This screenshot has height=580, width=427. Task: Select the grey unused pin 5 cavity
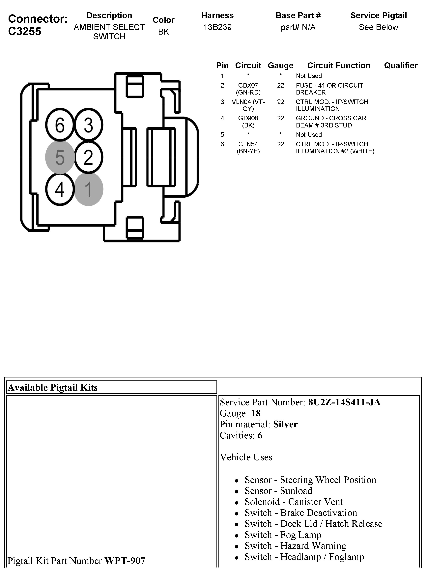(60, 157)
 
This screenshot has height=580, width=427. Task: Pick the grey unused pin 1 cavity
(88, 189)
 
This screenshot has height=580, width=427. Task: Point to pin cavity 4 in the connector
(60, 189)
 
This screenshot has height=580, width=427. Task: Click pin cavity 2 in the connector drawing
(88, 157)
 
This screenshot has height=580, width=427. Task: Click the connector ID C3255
(25, 31)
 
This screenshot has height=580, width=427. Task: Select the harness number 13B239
(217, 27)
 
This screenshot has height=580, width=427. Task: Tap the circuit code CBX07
(248, 85)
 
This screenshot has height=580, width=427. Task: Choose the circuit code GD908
(248, 118)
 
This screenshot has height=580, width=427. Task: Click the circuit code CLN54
(248, 144)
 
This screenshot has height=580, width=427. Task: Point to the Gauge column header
(280, 65)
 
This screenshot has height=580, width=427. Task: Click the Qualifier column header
(401, 65)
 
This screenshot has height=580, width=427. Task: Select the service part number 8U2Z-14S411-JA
(344, 402)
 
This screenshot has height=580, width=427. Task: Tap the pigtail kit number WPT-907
(125, 561)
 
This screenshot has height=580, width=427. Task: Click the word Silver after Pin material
(285, 424)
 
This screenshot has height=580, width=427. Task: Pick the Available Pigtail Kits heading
(53, 388)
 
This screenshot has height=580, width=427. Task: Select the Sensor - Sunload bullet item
(278, 491)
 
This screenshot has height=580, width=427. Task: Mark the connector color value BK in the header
(163, 32)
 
